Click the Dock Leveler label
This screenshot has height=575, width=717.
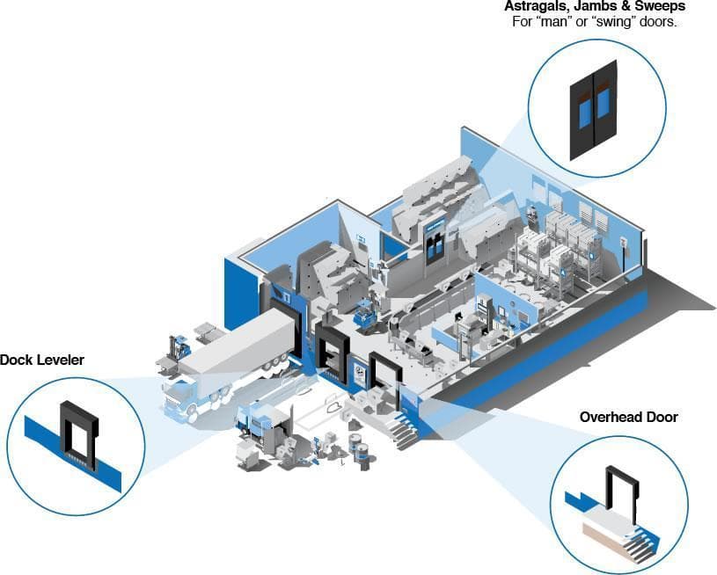click(x=42, y=360)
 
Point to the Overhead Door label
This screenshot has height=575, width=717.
click(x=629, y=417)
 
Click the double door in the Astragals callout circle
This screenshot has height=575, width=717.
click(x=594, y=110)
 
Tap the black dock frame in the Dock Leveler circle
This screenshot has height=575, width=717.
click(x=79, y=434)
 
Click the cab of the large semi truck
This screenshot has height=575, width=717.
click(x=179, y=398)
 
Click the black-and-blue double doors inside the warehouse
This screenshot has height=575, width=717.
click(x=435, y=244)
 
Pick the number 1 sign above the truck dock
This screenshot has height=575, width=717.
click(x=287, y=298)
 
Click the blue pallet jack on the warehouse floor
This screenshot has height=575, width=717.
click(x=365, y=312)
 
